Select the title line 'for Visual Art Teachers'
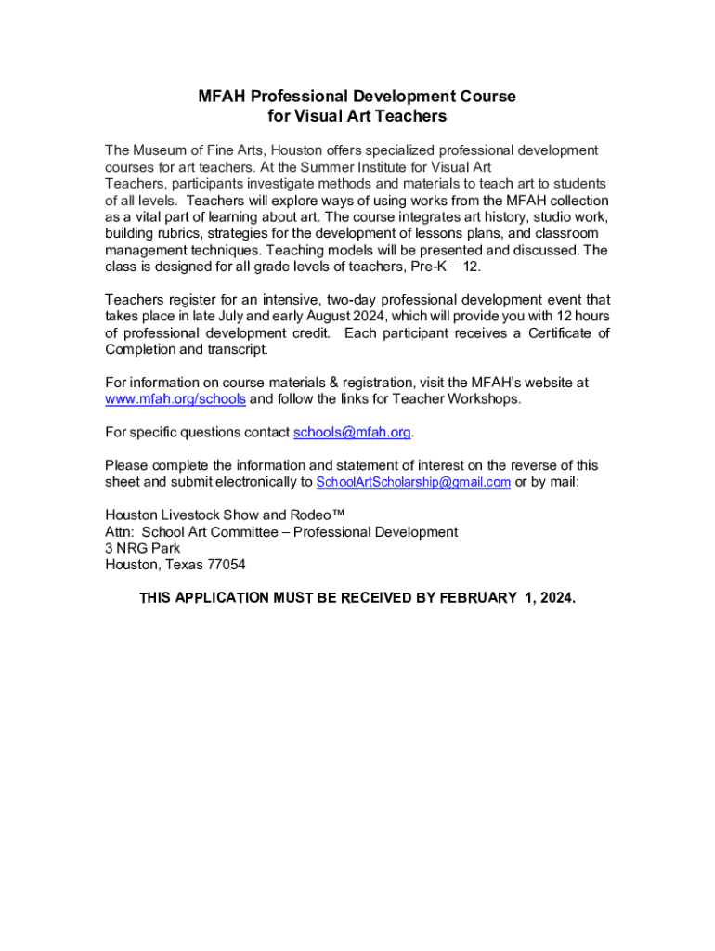click(x=357, y=116)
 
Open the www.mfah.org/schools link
click(x=175, y=399)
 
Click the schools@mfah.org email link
click(x=352, y=433)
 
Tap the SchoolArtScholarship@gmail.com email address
click(x=413, y=482)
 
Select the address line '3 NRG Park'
click(x=142, y=548)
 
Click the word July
click(x=242, y=316)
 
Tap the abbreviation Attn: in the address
click(x=120, y=531)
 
